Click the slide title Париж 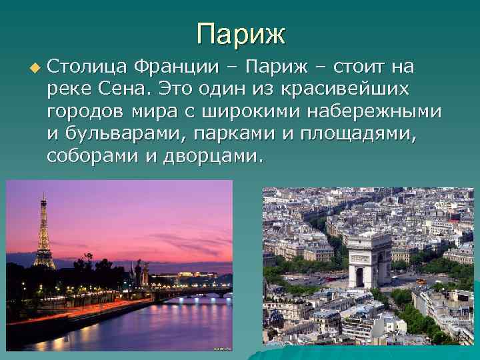(x=241, y=33)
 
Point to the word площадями (x=359, y=135)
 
